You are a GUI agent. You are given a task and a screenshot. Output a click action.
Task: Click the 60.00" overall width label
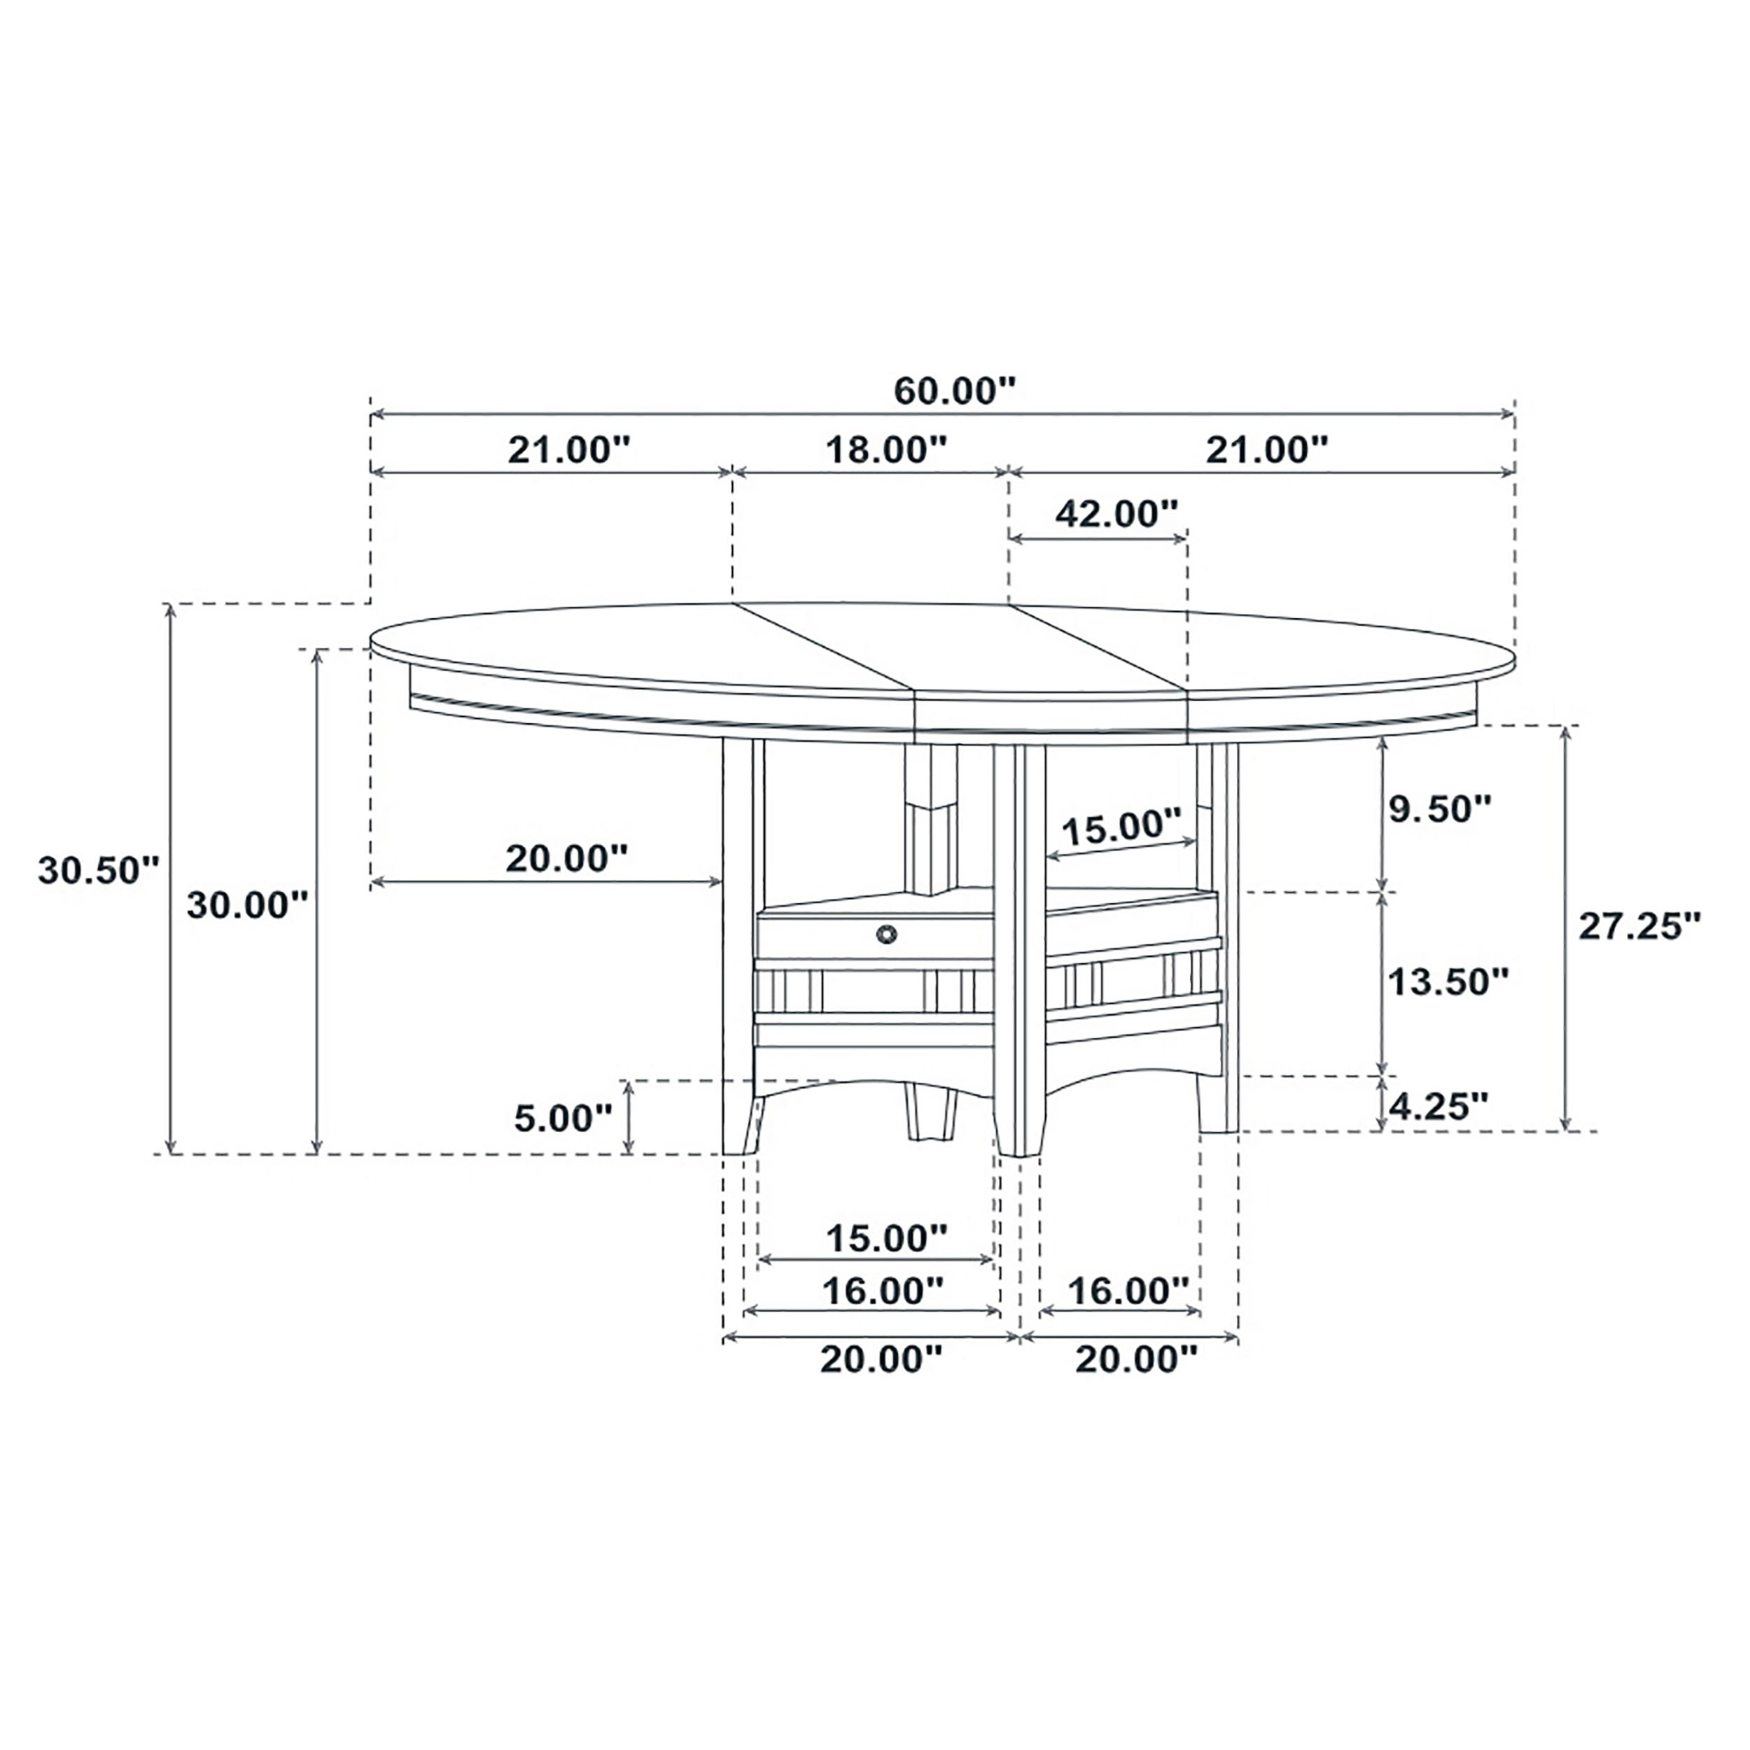[x=955, y=391]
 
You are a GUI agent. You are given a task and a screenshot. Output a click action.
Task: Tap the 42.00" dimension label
[x=1116, y=514]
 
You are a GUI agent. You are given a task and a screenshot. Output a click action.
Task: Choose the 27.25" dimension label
[x=1639, y=925]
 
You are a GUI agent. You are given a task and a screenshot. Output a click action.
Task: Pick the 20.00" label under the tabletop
[x=566, y=857]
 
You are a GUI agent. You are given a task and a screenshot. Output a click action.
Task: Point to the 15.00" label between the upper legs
[x=1121, y=826]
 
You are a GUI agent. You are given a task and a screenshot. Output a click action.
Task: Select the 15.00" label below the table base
[x=886, y=1238]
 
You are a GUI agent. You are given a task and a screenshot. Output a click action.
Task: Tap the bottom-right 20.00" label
[x=1136, y=1359]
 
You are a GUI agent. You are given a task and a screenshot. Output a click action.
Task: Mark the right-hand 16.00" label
[x=1128, y=1291]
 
